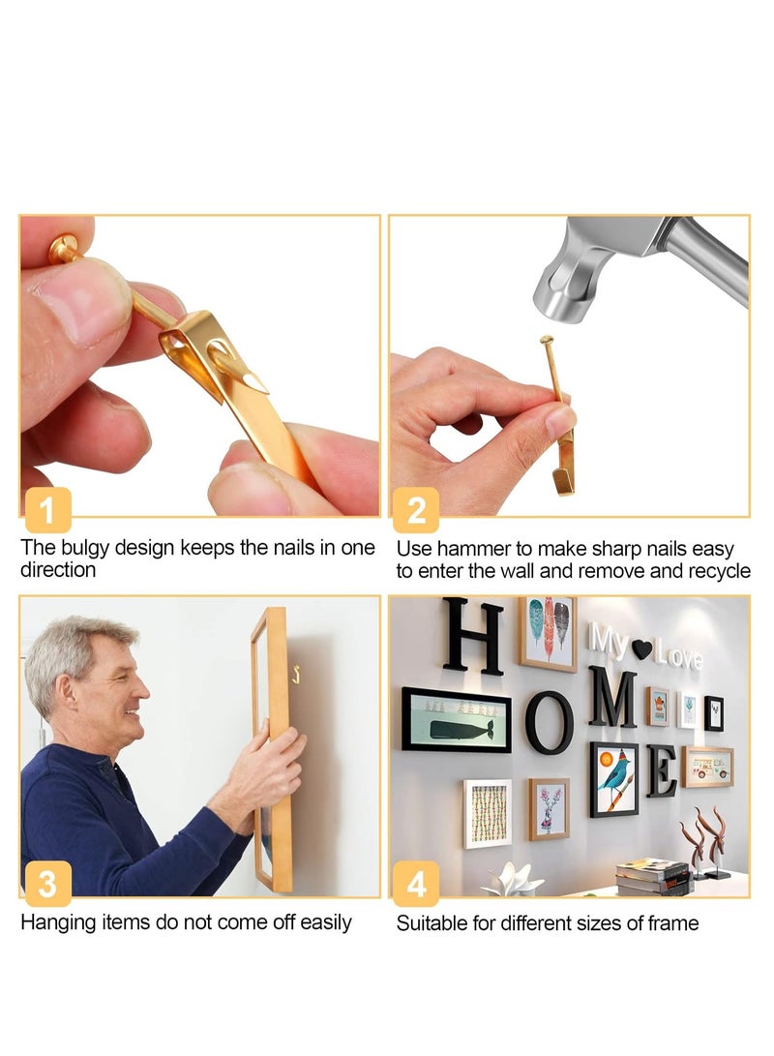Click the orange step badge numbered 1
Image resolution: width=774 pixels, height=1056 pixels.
47,509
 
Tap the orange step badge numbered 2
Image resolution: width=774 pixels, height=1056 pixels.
416,509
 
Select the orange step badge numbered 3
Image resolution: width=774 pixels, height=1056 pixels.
47,884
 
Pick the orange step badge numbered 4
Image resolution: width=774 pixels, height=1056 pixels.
416,884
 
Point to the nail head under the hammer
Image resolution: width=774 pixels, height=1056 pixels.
548,340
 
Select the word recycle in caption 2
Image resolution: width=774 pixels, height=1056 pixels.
717,571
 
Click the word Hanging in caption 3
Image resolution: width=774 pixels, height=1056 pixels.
57,922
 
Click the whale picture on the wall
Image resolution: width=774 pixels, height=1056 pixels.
456,720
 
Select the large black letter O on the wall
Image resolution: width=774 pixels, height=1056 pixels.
550,722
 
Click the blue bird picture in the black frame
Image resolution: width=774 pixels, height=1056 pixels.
614,779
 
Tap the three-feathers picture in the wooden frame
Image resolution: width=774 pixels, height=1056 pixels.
548,634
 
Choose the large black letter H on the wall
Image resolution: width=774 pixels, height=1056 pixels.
473,636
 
